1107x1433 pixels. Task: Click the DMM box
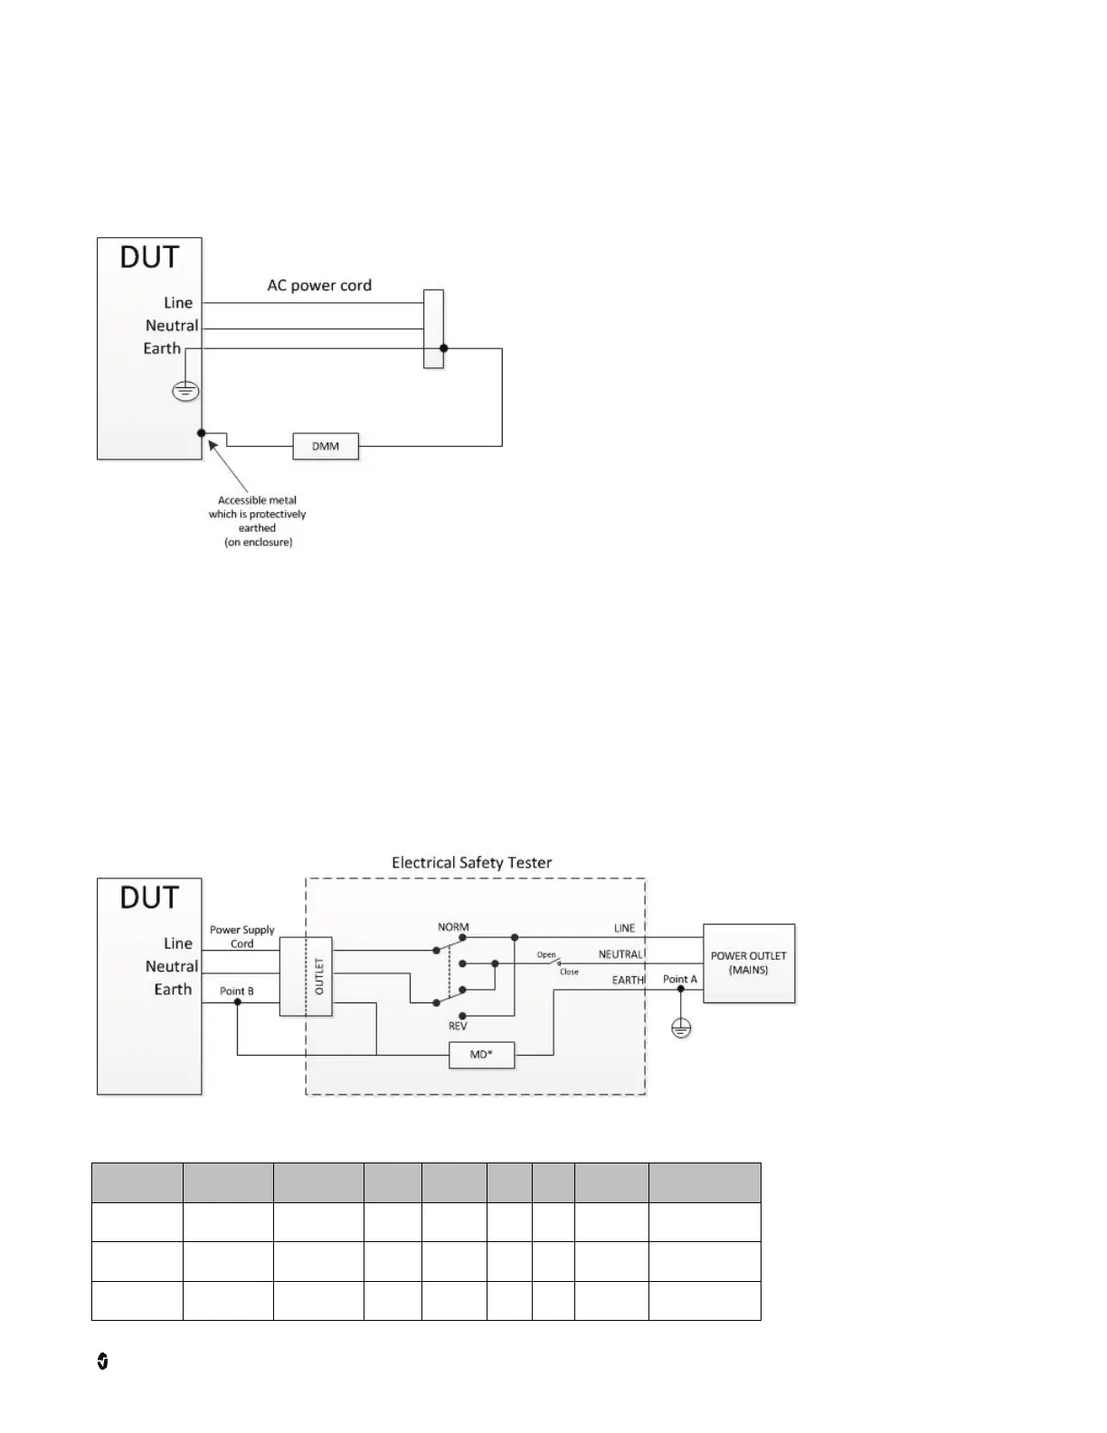tap(326, 446)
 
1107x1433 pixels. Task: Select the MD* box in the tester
tap(481, 1055)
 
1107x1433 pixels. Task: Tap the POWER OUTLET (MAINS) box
tap(749, 963)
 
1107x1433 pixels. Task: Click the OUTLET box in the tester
tap(306, 976)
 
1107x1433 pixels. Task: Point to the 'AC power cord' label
tap(319, 285)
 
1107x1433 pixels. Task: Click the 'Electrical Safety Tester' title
tap(471, 862)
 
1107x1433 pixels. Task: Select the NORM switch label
tap(453, 926)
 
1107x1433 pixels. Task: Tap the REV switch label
tap(458, 1027)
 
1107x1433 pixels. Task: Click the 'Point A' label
tap(680, 979)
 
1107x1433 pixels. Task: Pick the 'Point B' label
tap(237, 991)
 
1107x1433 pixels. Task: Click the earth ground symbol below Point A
tap(681, 1027)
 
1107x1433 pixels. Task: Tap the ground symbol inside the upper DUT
tap(185, 391)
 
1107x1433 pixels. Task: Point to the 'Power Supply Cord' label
tap(242, 936)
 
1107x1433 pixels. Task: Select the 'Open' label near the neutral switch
tap(546, 954)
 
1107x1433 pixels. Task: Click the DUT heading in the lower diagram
tap(149, 898)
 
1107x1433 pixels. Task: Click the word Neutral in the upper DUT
tap(172, 326)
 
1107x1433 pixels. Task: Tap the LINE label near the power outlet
tap(624, 928)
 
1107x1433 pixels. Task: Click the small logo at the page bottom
tap(102, 1362)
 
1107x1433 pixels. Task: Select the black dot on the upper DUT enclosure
tap(202, 433)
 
